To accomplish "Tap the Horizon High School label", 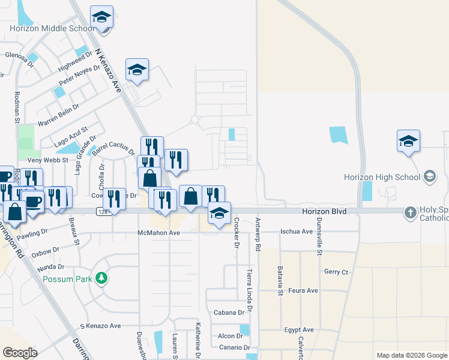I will tap(382, 177).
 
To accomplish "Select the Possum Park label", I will tap(67, 279).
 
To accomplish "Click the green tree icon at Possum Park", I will tap(103, 278).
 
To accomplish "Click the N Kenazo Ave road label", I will tap(112, 70).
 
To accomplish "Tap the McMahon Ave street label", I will tap(158, 233).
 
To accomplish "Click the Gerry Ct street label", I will tap(336, 272).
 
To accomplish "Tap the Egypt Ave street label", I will tap(299, 329).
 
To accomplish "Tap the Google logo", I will tap(20, 352).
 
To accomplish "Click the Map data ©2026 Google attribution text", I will tap(411, 355).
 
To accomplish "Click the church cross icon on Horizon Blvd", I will tap(411, 212).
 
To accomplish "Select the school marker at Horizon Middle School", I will tap(101, 18).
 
